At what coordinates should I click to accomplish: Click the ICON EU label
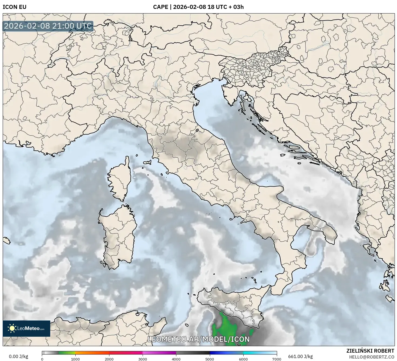pos(15,7)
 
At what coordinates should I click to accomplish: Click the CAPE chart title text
pos(198,7)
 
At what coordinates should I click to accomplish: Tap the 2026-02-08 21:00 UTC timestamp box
pos(48,26)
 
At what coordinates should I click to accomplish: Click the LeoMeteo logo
pos(26,328)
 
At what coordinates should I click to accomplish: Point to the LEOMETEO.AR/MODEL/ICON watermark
pos(198,339)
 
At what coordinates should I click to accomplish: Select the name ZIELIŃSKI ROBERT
pos(370,351)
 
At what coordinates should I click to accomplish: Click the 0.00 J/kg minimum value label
pos(18,356)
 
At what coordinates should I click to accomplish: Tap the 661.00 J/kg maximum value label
pos(300,356)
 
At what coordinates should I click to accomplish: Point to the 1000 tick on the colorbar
pos(75,359)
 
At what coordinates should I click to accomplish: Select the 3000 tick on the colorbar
pos(143,359)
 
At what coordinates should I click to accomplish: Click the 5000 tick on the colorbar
pos(210,359)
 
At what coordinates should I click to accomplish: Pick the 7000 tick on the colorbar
pos(277,359)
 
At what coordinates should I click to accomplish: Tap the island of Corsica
pos(120,180)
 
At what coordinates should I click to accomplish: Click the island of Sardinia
pos(119,235)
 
